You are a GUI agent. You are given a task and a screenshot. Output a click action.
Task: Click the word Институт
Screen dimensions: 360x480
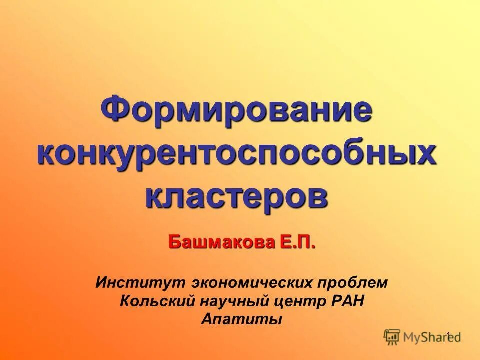140,283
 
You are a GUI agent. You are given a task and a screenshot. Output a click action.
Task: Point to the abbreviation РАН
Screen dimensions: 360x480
347,301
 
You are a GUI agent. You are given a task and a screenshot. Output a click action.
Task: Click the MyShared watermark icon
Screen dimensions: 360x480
392,337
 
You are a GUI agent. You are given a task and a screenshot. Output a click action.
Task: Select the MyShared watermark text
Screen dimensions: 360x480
432,338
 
